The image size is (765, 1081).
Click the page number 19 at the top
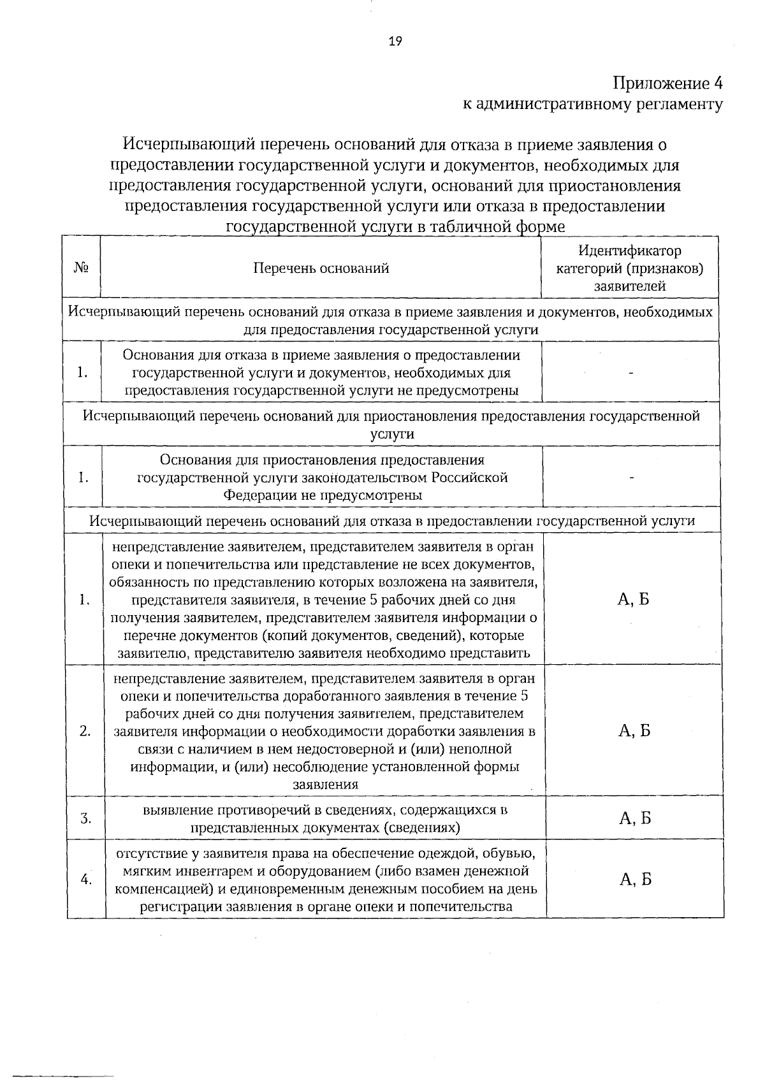(395, 41)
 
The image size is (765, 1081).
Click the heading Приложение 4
(667, 83)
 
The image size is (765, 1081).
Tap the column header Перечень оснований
(321, 268)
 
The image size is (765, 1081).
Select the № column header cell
(81, 268)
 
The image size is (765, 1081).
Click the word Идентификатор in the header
(629, 250)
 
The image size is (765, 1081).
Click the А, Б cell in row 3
(634, 818)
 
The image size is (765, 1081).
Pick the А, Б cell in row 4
(634, 880)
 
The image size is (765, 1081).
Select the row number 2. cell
(85, 731)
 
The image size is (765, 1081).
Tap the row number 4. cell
(85, 880)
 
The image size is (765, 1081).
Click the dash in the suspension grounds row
(631, 477)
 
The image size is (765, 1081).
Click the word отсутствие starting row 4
(151, 853)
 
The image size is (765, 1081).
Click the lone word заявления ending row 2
(325, 785)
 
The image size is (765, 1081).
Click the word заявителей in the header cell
(630, 286)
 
